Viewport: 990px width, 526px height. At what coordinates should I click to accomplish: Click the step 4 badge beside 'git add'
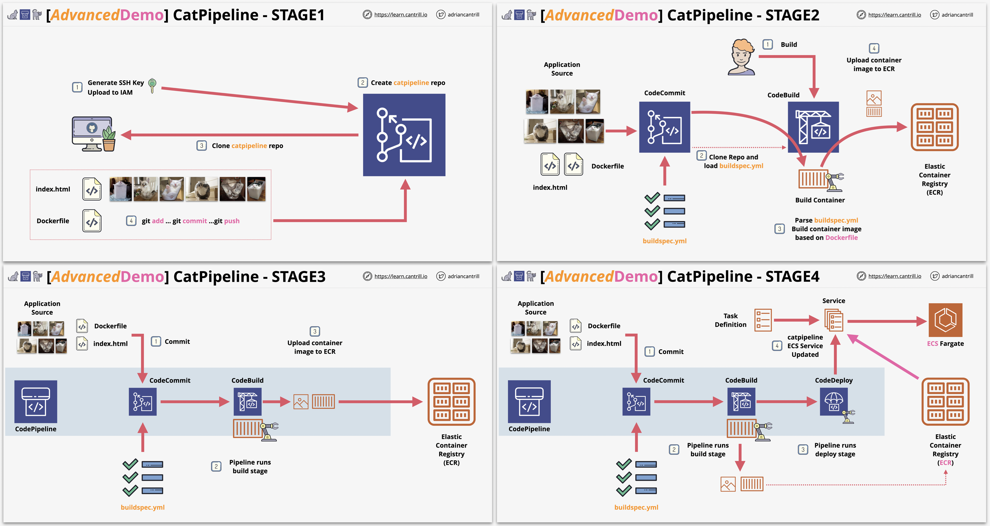[131, 221]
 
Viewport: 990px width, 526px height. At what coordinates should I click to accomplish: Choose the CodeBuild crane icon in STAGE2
[813, 127]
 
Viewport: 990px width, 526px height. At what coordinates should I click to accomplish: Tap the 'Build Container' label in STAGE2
[820, 200]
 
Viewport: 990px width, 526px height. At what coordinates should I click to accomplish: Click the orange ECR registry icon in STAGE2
[934, 127]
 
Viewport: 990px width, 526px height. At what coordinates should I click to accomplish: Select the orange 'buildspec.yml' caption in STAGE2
[664, 241]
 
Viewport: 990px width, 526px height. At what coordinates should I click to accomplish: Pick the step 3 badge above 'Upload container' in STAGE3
[315, 331]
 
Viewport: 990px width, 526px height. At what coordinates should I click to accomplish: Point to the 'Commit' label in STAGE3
[177, 342]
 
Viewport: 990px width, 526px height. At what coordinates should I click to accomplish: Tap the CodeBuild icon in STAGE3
[247, 402]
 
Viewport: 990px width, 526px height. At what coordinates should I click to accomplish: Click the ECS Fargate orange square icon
[946, 320]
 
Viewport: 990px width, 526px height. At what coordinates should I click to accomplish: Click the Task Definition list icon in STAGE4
[763, 320]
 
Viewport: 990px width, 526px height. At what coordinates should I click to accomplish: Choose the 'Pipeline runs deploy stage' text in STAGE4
[835, 450]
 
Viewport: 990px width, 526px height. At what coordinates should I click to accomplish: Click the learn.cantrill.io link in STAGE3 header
[401, 276]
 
